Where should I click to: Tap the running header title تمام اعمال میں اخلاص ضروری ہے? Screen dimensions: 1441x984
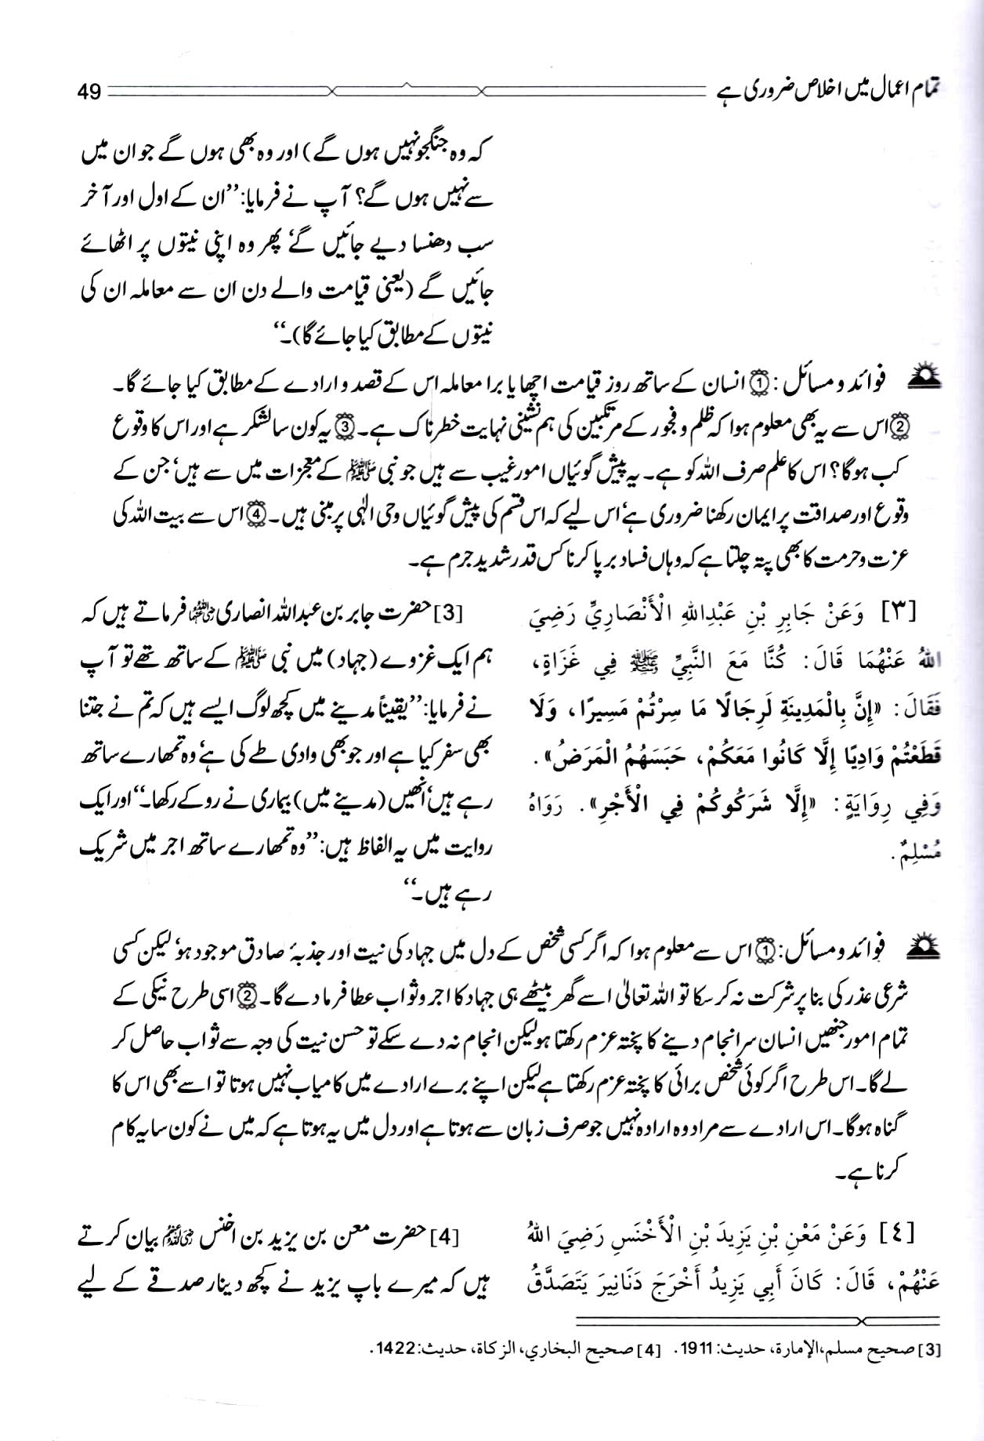coord(827,89)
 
